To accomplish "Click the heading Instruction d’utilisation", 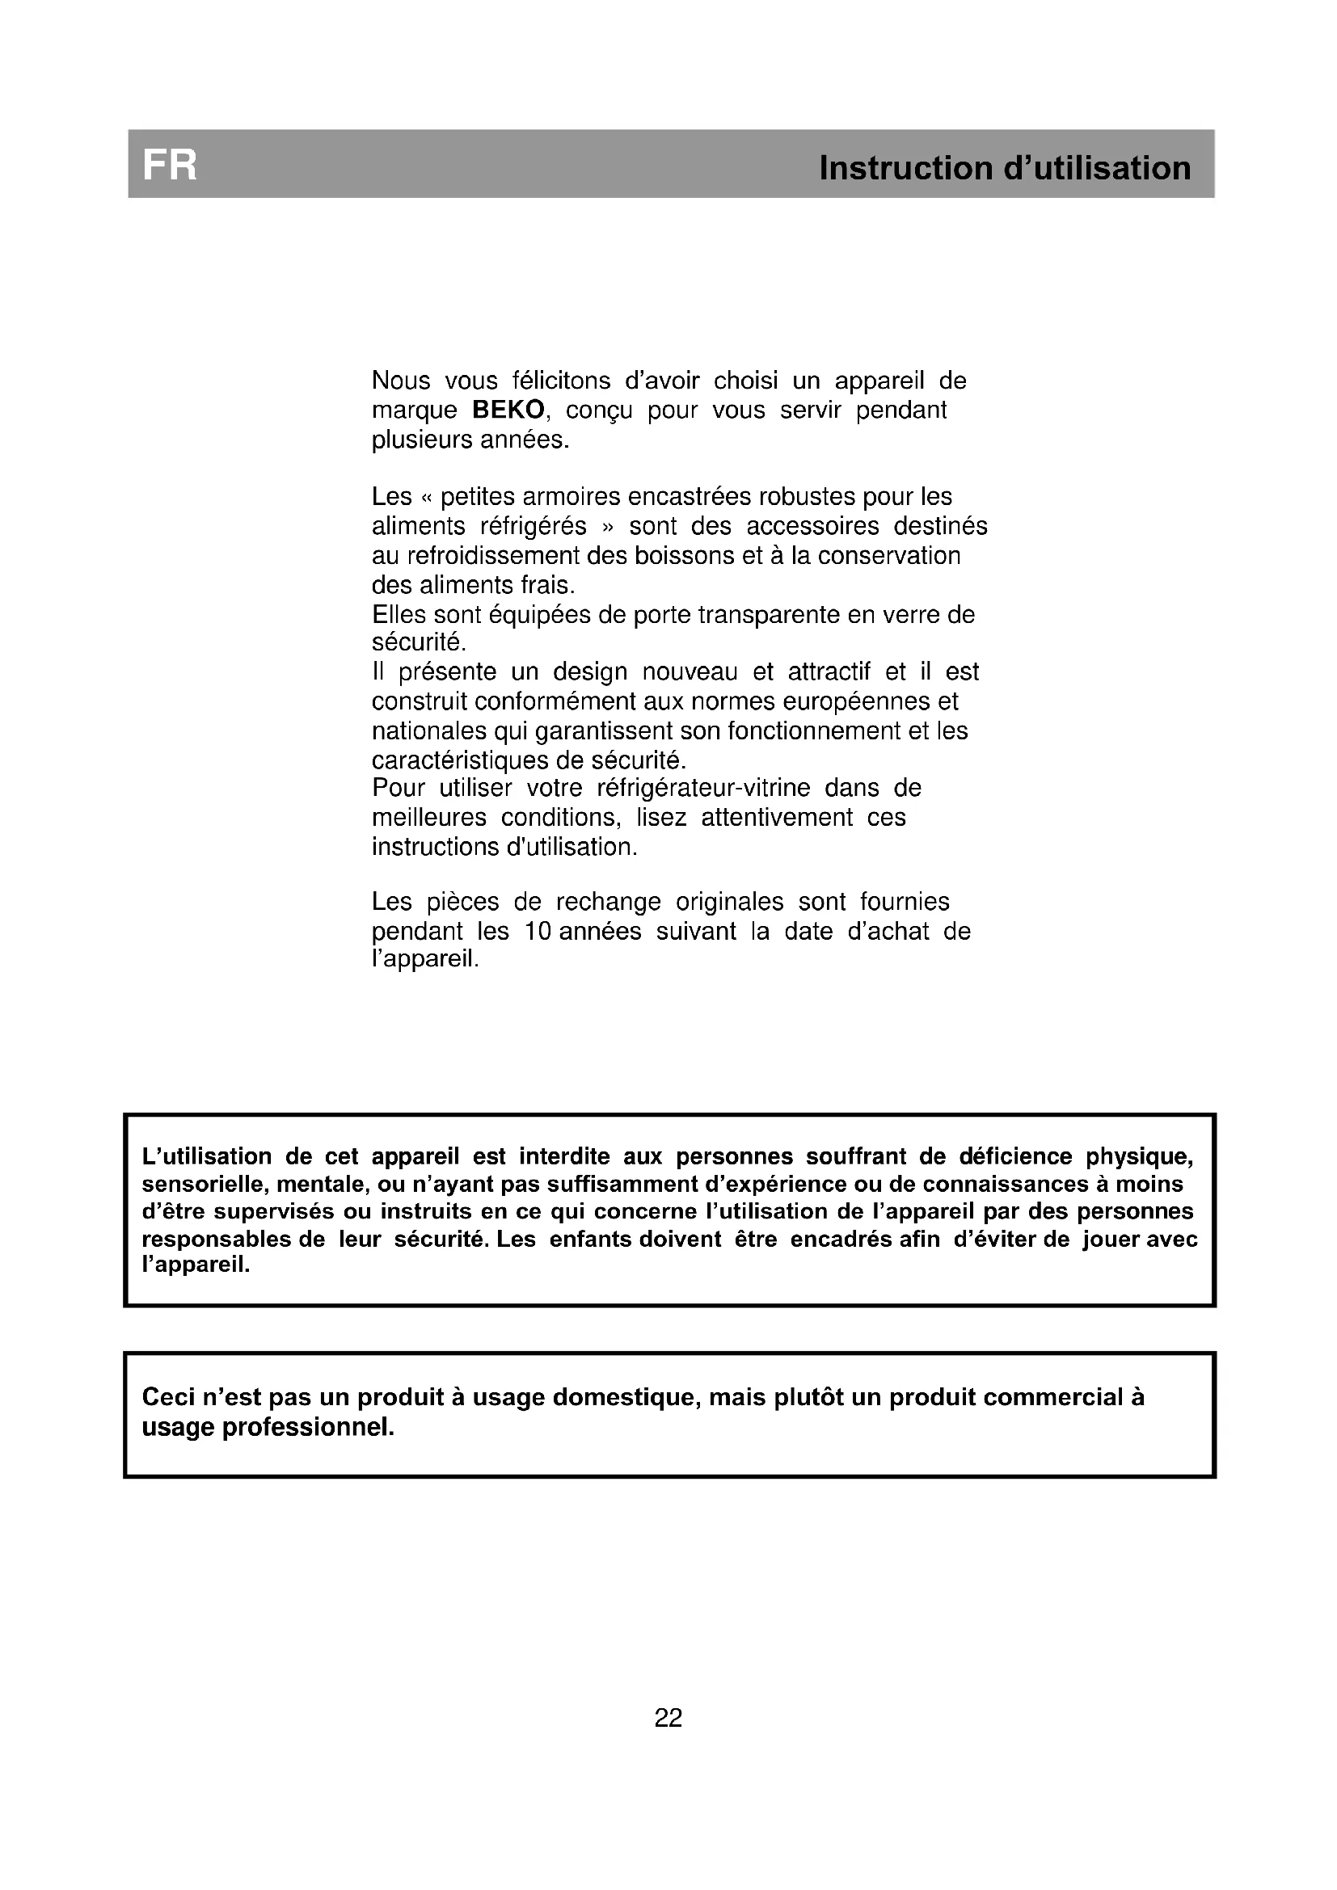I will point(1005,168).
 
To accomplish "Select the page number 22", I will point(668,1717).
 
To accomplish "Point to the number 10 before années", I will point(537,931).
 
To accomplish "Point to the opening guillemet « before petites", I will point(426,498).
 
